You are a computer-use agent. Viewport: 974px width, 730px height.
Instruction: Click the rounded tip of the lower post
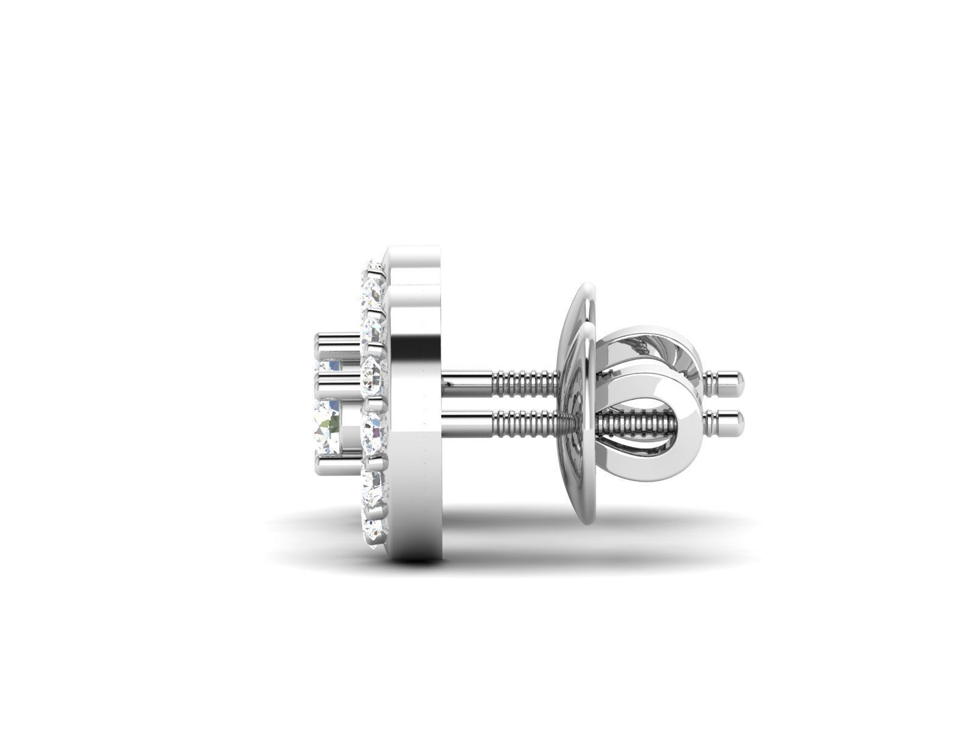coord(738,419)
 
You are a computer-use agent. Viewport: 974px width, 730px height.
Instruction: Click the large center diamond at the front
coord(329,420)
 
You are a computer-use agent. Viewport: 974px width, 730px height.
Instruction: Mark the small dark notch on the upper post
coord(449,383)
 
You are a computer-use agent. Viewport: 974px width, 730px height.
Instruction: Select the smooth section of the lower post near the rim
coord(469,419)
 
